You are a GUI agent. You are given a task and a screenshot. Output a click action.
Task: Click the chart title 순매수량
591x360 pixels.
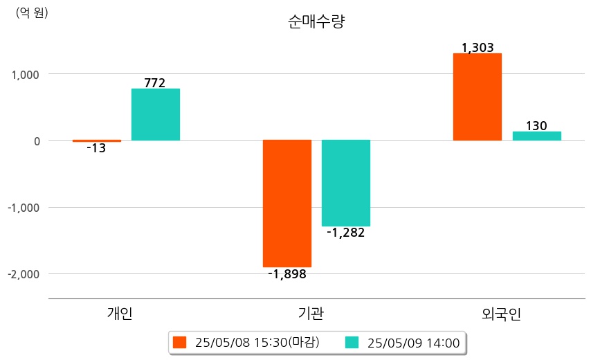(x=316, y=21)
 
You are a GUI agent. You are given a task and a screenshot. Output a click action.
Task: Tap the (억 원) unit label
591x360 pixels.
(x=32, y=12)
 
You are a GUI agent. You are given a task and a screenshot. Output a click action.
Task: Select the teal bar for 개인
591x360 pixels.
(x=155, y=114)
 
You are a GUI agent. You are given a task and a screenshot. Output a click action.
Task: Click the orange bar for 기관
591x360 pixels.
(x=287, y=203)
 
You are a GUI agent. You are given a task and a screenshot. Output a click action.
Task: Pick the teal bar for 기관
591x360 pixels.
(x=346, y=183)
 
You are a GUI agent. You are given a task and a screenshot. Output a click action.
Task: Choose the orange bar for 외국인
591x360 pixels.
(x=477, y=97)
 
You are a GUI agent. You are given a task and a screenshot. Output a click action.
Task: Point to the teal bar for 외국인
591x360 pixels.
(x=536, y=136)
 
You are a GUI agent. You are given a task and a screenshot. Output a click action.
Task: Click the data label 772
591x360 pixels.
(x=155, y=83)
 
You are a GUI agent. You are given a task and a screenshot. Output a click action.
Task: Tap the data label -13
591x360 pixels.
(x=96, y=148)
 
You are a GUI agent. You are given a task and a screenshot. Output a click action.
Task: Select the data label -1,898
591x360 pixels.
(x=287, y=274)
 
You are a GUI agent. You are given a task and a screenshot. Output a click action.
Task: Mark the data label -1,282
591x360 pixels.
(x=345, y=233)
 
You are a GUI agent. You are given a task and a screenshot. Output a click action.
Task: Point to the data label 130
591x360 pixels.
(x=536, y=126)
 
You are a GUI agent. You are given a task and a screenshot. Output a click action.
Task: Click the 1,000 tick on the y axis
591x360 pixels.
(x=24, y=74)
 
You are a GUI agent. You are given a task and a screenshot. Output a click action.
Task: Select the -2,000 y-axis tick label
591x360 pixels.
(x=23, y=274)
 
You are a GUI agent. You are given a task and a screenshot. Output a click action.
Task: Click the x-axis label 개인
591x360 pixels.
(x=120, y=314)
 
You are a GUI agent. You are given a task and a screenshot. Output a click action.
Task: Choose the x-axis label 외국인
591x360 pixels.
(x=501, y=314)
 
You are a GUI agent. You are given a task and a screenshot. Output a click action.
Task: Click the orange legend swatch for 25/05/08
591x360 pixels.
(x=180, y=342)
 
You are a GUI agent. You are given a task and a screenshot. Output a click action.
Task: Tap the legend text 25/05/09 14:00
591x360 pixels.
(x=414, y=342)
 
